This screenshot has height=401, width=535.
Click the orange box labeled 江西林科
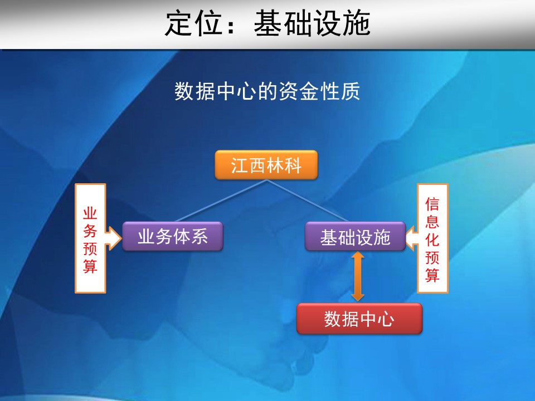266,165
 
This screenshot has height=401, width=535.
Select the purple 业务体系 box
173,236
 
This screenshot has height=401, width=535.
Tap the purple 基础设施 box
355,236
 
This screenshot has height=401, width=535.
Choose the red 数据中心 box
359,319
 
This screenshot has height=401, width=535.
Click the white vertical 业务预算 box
90,238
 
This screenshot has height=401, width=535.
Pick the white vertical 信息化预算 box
432,238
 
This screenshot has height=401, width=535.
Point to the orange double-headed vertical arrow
358,277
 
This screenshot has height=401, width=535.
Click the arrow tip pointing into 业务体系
121,238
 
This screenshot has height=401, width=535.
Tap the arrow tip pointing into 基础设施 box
406,238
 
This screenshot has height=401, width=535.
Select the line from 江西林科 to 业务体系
221,201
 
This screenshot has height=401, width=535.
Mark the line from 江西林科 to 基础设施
308,201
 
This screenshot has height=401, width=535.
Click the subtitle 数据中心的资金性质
267,91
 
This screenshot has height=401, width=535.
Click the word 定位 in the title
193,23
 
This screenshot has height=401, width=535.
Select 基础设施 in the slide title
312,23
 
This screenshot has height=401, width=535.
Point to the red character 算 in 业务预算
90,266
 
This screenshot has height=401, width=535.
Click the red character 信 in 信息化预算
432,204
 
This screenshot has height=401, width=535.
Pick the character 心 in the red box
386,319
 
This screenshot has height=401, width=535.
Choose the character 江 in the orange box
240,165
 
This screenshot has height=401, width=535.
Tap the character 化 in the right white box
432,239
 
